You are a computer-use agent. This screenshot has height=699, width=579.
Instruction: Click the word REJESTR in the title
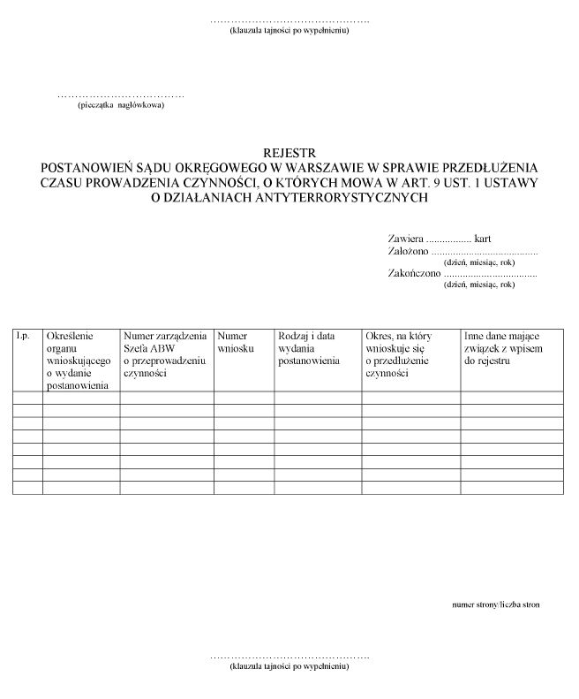pos(289,151)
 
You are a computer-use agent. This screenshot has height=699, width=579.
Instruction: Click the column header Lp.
pos(23,336)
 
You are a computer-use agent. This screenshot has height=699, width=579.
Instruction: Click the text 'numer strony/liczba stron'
pos(496,604)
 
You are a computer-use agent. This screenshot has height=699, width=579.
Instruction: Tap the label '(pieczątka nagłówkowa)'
pos(121,105)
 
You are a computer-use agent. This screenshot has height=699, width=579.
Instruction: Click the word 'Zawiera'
pos(405,239)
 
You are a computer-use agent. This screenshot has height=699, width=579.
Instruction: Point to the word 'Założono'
pos(409,251)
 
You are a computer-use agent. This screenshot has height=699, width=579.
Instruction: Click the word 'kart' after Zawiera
pos(482,239)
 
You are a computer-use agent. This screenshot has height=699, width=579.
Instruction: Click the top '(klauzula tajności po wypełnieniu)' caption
pos(289,31)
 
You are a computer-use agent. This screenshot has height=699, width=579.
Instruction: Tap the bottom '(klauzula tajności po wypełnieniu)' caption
pos(289,667)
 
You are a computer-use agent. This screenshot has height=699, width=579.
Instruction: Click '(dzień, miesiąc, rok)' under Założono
pos(479,262)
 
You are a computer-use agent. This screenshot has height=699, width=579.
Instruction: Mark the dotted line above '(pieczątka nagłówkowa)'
pos(121,95)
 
